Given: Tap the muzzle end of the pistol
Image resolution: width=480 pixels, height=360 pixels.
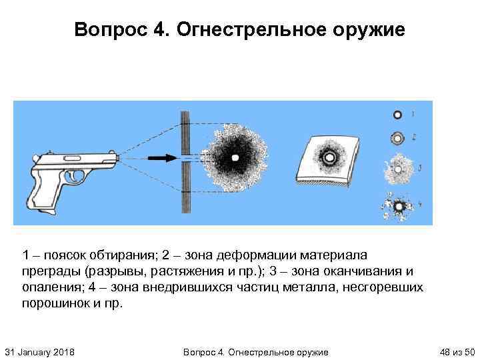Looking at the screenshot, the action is [117, 157].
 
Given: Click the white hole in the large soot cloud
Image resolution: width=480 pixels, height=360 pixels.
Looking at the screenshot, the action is [235, 157].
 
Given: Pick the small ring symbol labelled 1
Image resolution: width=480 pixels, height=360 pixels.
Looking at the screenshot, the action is [397, 115].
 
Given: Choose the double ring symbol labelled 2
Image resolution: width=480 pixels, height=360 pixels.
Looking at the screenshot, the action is [397, 138].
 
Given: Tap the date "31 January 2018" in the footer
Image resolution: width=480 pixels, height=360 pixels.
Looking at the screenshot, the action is [39, 351].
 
